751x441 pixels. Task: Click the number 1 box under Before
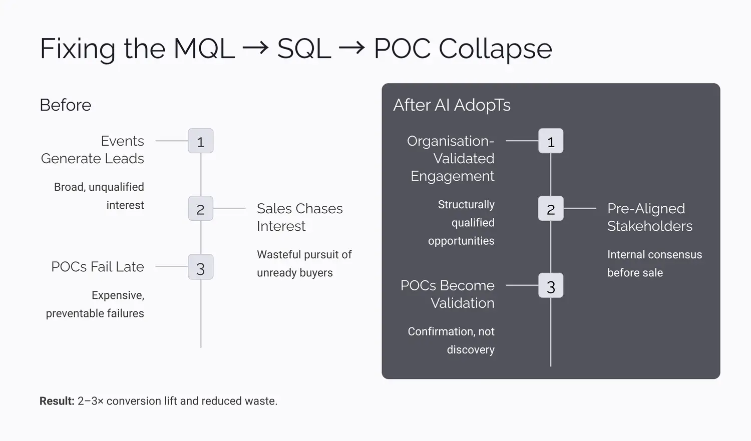coord(200,141)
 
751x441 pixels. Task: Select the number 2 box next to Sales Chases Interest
coord(200,209)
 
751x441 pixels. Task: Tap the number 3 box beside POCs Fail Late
coord(200,267)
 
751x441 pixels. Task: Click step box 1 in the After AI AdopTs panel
coord(551,141)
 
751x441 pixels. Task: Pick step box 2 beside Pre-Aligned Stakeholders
coord(551,209)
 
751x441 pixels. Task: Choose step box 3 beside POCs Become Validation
coord(551,286)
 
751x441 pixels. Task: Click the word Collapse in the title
coord(495,49)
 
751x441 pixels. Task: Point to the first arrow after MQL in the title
coord(255,48)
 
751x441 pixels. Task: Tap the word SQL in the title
coord(304,49)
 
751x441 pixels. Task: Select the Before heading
coord(66,105)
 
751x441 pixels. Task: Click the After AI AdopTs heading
coord(452,105)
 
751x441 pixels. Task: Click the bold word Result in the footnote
coord(57,401)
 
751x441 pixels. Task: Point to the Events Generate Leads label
coord(93,150)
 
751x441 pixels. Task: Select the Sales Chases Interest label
coord(299,217)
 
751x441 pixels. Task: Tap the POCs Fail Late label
coord(98,267)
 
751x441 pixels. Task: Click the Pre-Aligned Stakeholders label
coord(649,217)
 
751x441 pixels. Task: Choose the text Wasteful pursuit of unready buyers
coord(304,263)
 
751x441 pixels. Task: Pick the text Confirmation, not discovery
coord(451,340)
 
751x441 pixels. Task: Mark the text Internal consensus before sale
coord(654,263)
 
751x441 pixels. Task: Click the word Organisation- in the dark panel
coord(451,141)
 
